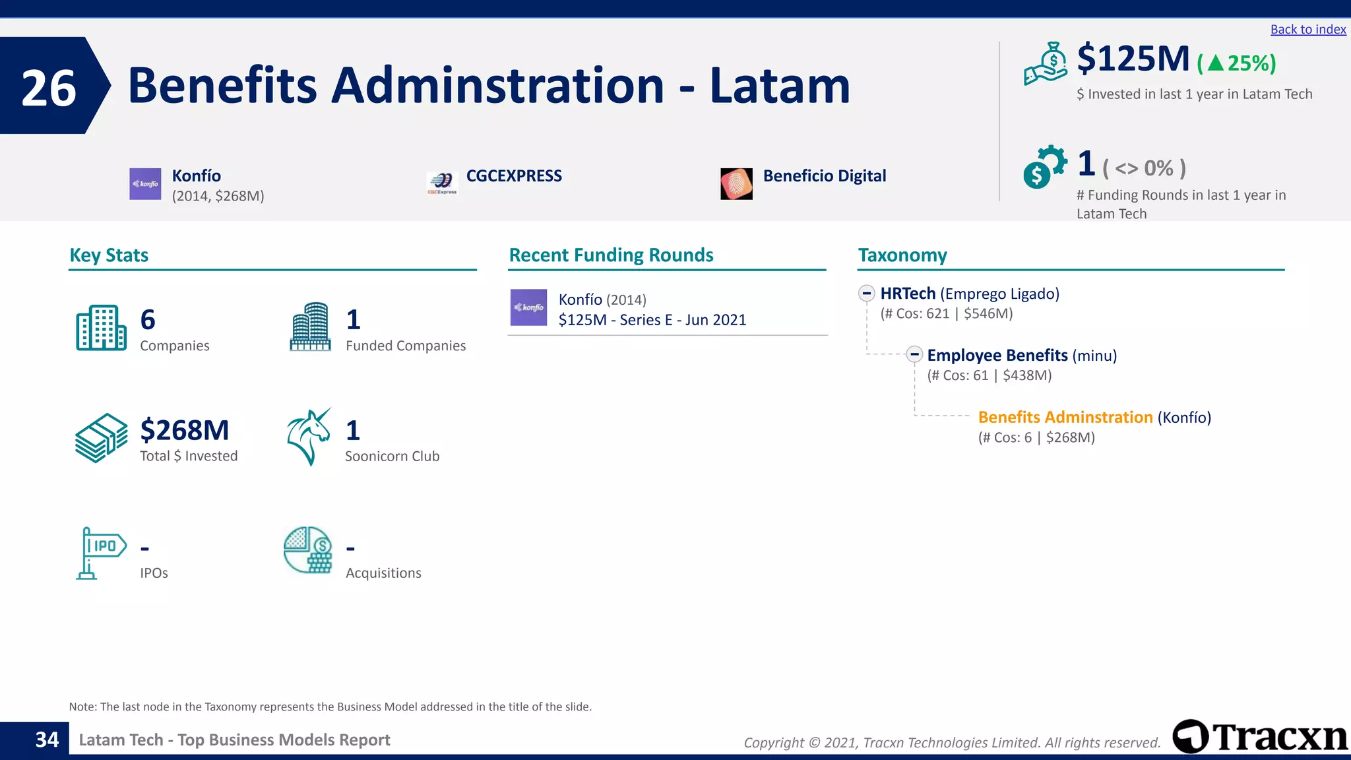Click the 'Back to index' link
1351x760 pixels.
(1307, 30)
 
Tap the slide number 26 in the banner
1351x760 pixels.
(49, 88)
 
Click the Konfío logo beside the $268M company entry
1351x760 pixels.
(145, 184)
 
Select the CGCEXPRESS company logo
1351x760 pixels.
(442, 183)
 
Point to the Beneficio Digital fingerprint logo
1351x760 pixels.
(736, 183)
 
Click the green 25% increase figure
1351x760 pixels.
(1237, 63)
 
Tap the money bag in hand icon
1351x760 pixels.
(1046, 64)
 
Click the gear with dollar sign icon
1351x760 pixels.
(1044, 166)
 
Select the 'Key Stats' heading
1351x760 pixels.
(109, 255)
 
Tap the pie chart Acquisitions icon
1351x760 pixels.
(308, 550)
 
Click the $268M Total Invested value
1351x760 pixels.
(185, 430)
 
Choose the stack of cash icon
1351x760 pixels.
(101, 437)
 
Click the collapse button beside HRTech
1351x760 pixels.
(867, 293)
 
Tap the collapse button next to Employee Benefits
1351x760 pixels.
(914, 354)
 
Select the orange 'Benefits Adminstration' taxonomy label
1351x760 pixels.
(1065, 418)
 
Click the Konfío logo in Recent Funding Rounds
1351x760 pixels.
(528, 307)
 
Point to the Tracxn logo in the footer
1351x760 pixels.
(1260, 736)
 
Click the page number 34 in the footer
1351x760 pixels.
(47, 740)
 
